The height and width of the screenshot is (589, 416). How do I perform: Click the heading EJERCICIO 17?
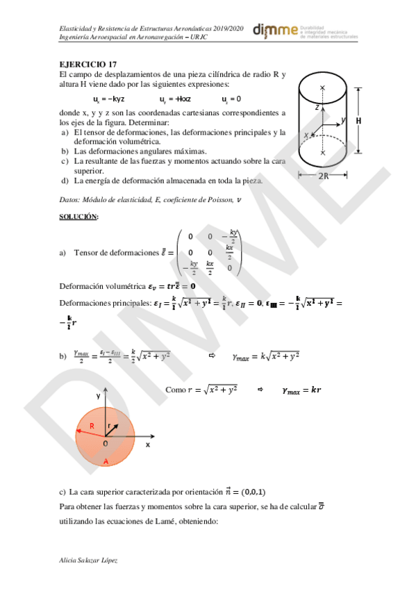click(84, 65)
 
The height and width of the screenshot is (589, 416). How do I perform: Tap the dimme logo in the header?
click(275, 30)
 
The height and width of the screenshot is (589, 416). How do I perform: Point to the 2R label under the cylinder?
click(323, 176)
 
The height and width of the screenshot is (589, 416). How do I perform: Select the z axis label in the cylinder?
click(316, 108)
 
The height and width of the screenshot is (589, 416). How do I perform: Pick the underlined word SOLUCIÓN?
click(78, 217)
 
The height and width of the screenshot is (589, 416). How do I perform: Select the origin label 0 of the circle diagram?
click(105, 443)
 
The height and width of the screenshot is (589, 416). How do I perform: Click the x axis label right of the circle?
click(148, 443)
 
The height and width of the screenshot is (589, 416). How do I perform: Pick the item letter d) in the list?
click(65, 181)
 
